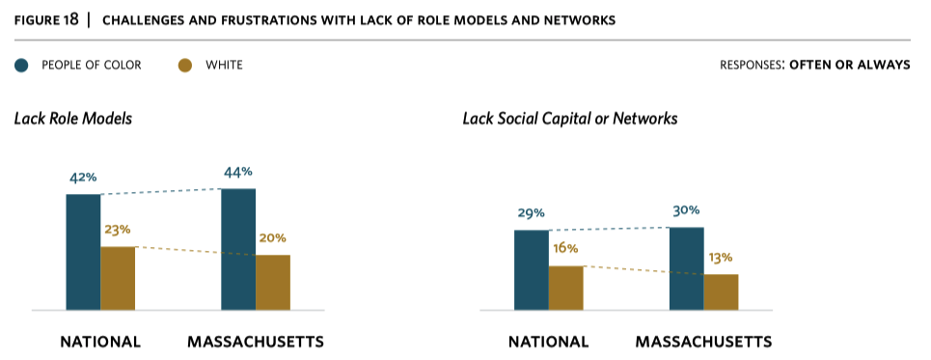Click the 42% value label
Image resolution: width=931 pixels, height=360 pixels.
pyautogui.click(x=83, y=178)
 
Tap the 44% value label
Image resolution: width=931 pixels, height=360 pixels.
pyautogui.click(x=238, y=172)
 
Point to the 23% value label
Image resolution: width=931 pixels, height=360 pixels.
pyautogui.click(x=117, y=230)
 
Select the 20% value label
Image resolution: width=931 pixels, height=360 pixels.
pyautogui.click(x=272, y=238)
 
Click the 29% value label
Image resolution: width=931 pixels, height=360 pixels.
pyautogui.click(x=532, y=213)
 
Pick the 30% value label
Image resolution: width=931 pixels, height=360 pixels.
pyautogui.click(x=686, y=210)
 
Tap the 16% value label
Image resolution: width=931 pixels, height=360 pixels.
pyautogui.click(x=565, y=249)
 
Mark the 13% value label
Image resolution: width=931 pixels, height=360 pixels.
pyautogui.click(x=720, y=258)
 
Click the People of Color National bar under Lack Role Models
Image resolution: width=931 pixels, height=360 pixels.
pyautogui.click(x=83, y=252)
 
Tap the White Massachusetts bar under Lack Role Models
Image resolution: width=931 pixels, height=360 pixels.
pyautogui.click(x=273, y=282)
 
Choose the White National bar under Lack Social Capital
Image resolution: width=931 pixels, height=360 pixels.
pyautogui.click(x=566, y=288)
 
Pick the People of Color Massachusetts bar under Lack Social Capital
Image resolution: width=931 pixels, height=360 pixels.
pyautogui.click(x=686, y=268)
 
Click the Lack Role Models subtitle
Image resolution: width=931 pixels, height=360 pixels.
pyautogui.click(x=73, y=119)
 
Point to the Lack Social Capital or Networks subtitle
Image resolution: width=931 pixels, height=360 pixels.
pyautogui.click(x=569, y=119)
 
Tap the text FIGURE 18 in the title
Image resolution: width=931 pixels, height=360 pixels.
pyautogui.click(x=46, y=19)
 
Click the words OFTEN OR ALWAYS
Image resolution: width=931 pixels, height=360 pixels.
pyautogui.click(x=849, y=66)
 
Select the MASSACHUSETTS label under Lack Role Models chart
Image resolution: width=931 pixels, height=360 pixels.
pyautogui.click(x=255, y=342)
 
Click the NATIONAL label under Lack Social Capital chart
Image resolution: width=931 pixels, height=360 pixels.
pyautogui.click(x=548, y=342)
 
